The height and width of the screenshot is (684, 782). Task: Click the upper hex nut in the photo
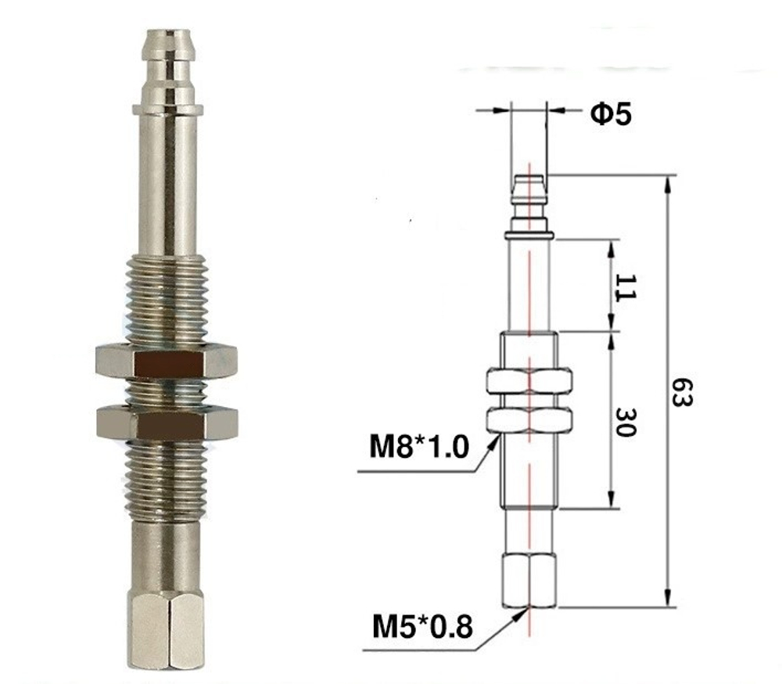tap(167, 361)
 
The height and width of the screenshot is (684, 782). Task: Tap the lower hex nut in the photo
tap(167, 423)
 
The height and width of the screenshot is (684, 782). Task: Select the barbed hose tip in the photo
tap(167, 67)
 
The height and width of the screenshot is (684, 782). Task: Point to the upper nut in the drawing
tap(529, 381)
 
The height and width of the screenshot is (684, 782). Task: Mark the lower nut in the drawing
tap(529, 419)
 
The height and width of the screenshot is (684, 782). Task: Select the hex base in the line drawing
tap(529, 580)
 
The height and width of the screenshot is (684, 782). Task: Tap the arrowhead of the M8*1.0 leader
tap(495, 443)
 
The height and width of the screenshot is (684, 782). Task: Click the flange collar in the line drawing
tap(529, 235)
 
